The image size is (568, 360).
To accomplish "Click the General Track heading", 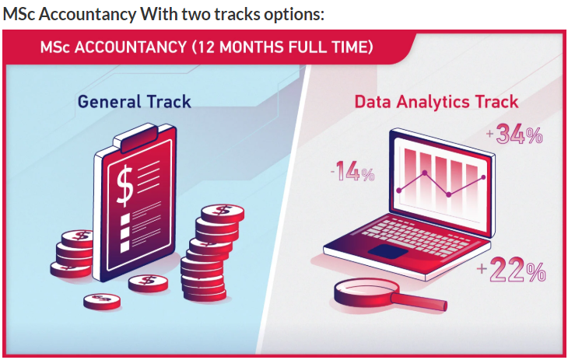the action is pyautogui.click(x=134, y=102).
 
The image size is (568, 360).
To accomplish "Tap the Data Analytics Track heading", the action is pyautogui.click(x=437, y=103).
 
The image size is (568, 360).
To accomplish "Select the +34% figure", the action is pyautogui.click(x=514, y=135).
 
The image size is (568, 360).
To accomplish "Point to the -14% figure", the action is pyautogui.click(x=352, y=171).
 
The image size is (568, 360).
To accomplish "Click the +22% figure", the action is pyautogui.click(x=511, y=269).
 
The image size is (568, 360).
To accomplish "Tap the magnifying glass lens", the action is pyautogui.click(x=366, y=289).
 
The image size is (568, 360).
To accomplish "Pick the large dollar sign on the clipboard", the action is pyautogui.click(x=124, y=185).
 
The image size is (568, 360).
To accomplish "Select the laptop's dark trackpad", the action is pyautogui.click(x=388, y=251).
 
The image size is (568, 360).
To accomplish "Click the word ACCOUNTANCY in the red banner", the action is pyautogui.click(x=131, y=47).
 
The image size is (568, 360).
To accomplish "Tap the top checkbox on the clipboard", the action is pyautogui.click(x=125, y=219).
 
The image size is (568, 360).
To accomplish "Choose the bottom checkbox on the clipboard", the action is pyautogui.click(x=125, y=246).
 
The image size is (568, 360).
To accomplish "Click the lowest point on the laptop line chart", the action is pyautogui.click(x=449, y=194).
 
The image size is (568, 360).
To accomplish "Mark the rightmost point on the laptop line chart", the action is pyautogui.click(x=483, y=177).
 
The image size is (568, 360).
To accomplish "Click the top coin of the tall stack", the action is pyautogui.click(x=223, y=213).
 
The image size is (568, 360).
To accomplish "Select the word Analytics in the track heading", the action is pyautogui.click(x=433, y=103).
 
